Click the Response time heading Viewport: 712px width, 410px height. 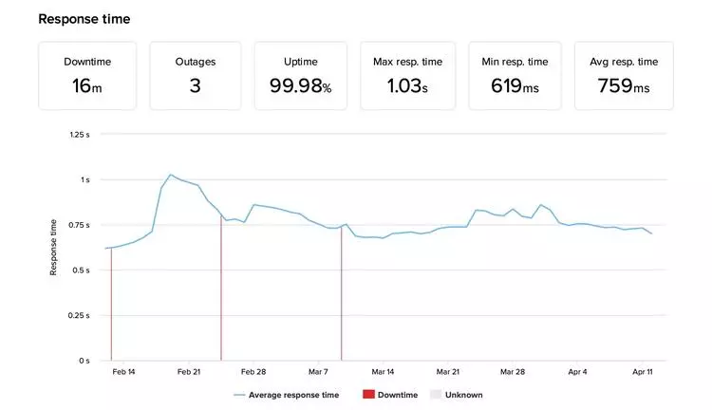pos(84,19)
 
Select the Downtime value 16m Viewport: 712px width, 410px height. pos(87,86)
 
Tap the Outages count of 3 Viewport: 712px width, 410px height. pos(195,86)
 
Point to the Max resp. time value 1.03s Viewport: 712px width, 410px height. pos(409,86)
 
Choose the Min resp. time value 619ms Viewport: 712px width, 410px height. pos(516,86)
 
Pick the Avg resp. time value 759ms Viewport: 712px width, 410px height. pos(624,86)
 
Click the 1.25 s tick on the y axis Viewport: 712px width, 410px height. pos(80,135)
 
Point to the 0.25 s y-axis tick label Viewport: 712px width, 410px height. pos(80,316)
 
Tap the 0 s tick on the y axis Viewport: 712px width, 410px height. pos(84,362)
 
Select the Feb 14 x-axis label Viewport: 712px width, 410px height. pos(123,372)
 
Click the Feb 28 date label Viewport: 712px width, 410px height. pos(253,372)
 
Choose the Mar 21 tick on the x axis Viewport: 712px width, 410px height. pos(448,372)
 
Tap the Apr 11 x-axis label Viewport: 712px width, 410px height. pos(644,372)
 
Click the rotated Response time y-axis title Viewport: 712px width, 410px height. pos(54,248)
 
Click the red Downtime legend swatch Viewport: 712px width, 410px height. pos(368,395)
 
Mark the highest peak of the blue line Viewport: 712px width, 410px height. pos(170,175)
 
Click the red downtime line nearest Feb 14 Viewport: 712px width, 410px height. pos(111,304)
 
